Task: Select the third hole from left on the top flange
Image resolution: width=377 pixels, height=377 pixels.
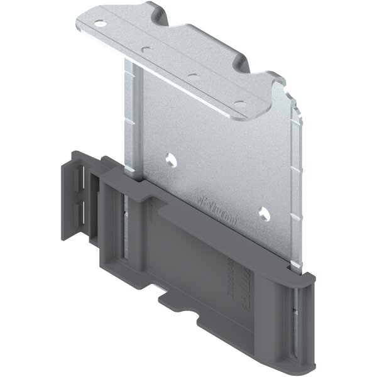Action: (x=193, y=76)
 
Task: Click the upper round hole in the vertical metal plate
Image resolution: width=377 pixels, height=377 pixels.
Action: (x=170, y=160)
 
